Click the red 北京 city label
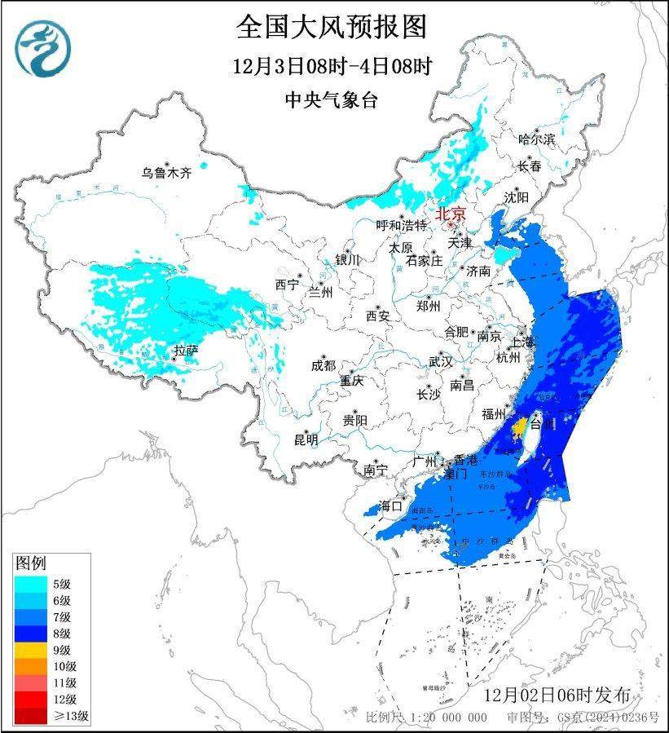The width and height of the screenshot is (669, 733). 451,214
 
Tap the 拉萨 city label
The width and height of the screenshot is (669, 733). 186,351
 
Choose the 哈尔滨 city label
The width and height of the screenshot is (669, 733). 536,139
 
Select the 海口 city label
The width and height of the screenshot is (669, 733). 392,506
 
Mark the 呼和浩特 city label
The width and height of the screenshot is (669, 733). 402,225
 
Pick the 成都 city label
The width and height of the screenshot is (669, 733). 323,365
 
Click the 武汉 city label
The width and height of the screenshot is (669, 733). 440,361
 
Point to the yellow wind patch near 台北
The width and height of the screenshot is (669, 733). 518,426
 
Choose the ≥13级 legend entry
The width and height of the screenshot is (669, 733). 72,717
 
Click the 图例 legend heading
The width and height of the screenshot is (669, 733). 31,563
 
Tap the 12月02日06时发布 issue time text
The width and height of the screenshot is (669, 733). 556,695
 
